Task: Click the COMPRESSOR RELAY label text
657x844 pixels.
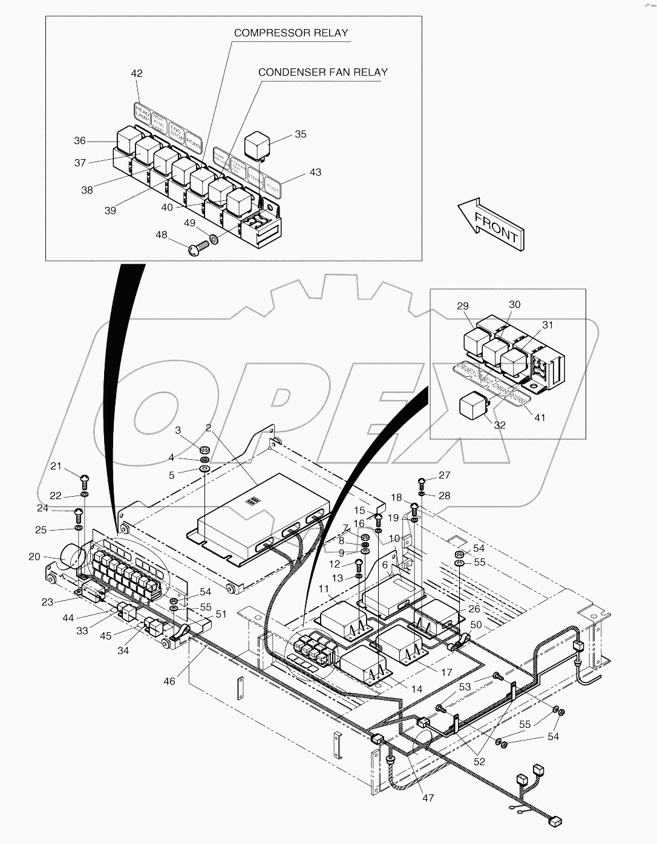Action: click(291, 33)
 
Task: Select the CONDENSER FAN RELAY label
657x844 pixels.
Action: click(322, 72)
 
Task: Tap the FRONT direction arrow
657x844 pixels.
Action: click(491, 223)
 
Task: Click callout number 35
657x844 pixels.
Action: click(301, 134)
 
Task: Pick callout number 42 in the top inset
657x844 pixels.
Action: click(137, 73)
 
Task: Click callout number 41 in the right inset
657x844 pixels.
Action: click(540, 417)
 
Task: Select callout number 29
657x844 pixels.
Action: click(463, 306)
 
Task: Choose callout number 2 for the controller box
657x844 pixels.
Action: click(208, 428)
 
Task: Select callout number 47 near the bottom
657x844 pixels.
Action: click(428, 798)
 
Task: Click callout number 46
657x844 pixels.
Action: click(169, 681)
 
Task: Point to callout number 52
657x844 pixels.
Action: click(479, 762)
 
